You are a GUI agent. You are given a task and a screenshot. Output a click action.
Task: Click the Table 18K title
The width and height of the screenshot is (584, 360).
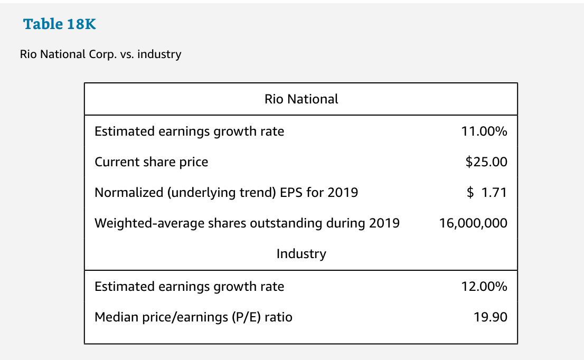click(x=60, y=24)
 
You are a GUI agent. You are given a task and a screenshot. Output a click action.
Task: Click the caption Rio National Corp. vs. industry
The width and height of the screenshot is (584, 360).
click(x=100, y=54)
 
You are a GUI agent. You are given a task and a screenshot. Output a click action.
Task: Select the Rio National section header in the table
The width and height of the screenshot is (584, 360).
click(x=301, y=99)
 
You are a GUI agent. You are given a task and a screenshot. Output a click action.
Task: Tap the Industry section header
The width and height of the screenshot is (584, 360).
click(x=301, y=254)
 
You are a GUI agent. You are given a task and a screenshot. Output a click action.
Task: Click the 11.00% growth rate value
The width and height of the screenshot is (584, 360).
click(x=484, y=131)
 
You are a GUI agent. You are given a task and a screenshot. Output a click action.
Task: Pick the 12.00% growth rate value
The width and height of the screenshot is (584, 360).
click(x=484, y=287)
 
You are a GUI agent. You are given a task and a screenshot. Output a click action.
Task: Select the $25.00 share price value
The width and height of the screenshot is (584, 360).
click(x=486, y=162)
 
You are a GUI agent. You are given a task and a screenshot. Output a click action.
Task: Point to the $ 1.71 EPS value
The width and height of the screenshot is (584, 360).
click(x=487, y=193)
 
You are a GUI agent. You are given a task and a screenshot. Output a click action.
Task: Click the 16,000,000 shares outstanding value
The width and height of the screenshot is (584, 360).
click(x=473, y=223)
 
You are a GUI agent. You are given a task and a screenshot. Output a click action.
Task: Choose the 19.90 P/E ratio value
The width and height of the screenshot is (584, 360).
click(x=491, y=317)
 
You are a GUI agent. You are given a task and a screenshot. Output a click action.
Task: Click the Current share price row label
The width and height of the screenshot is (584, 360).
click(x=152, y=162)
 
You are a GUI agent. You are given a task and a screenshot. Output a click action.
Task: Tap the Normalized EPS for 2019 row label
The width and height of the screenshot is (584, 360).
click(x=226, y=193)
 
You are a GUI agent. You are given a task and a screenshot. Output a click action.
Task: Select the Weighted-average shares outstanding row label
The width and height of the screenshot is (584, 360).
click(x=247, y=223)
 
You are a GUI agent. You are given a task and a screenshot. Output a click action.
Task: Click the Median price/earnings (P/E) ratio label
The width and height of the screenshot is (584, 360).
click(x=193, y=317)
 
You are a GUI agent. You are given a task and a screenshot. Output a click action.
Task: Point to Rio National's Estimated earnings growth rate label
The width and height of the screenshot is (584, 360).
click(x=189, y=131)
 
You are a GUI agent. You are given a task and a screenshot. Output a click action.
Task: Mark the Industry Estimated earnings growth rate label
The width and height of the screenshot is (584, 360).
click(x=189, y=287)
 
